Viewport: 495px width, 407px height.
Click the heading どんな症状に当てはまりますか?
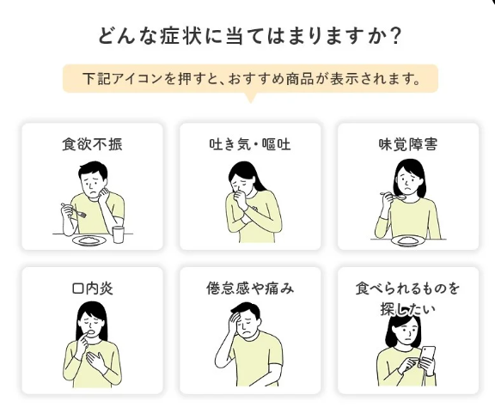tap(249, 36)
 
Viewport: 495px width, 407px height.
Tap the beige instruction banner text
tap(251, 79)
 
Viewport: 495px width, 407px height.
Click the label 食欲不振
tap(92, 144)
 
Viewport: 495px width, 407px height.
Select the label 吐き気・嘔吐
tap(250, 144)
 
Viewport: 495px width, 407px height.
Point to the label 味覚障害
tap(408, 144)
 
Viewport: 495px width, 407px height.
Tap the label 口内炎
tap(92, 289)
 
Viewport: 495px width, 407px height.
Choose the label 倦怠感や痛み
tap(250, 289)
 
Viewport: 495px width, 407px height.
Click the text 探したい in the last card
tap(408, 309)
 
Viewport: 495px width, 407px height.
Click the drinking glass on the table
tap(119, 234)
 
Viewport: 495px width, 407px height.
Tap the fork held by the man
tap(74, 210)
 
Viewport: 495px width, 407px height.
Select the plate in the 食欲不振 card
tap(89, 241)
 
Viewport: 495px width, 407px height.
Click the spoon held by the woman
tap(394, 196)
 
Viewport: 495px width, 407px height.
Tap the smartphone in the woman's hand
tap(427, 357)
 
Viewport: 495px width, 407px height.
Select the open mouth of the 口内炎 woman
tap(91, 332)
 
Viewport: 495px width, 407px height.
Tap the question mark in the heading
tap(394, 36)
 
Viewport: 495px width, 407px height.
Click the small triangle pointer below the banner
tap(251, 98)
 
